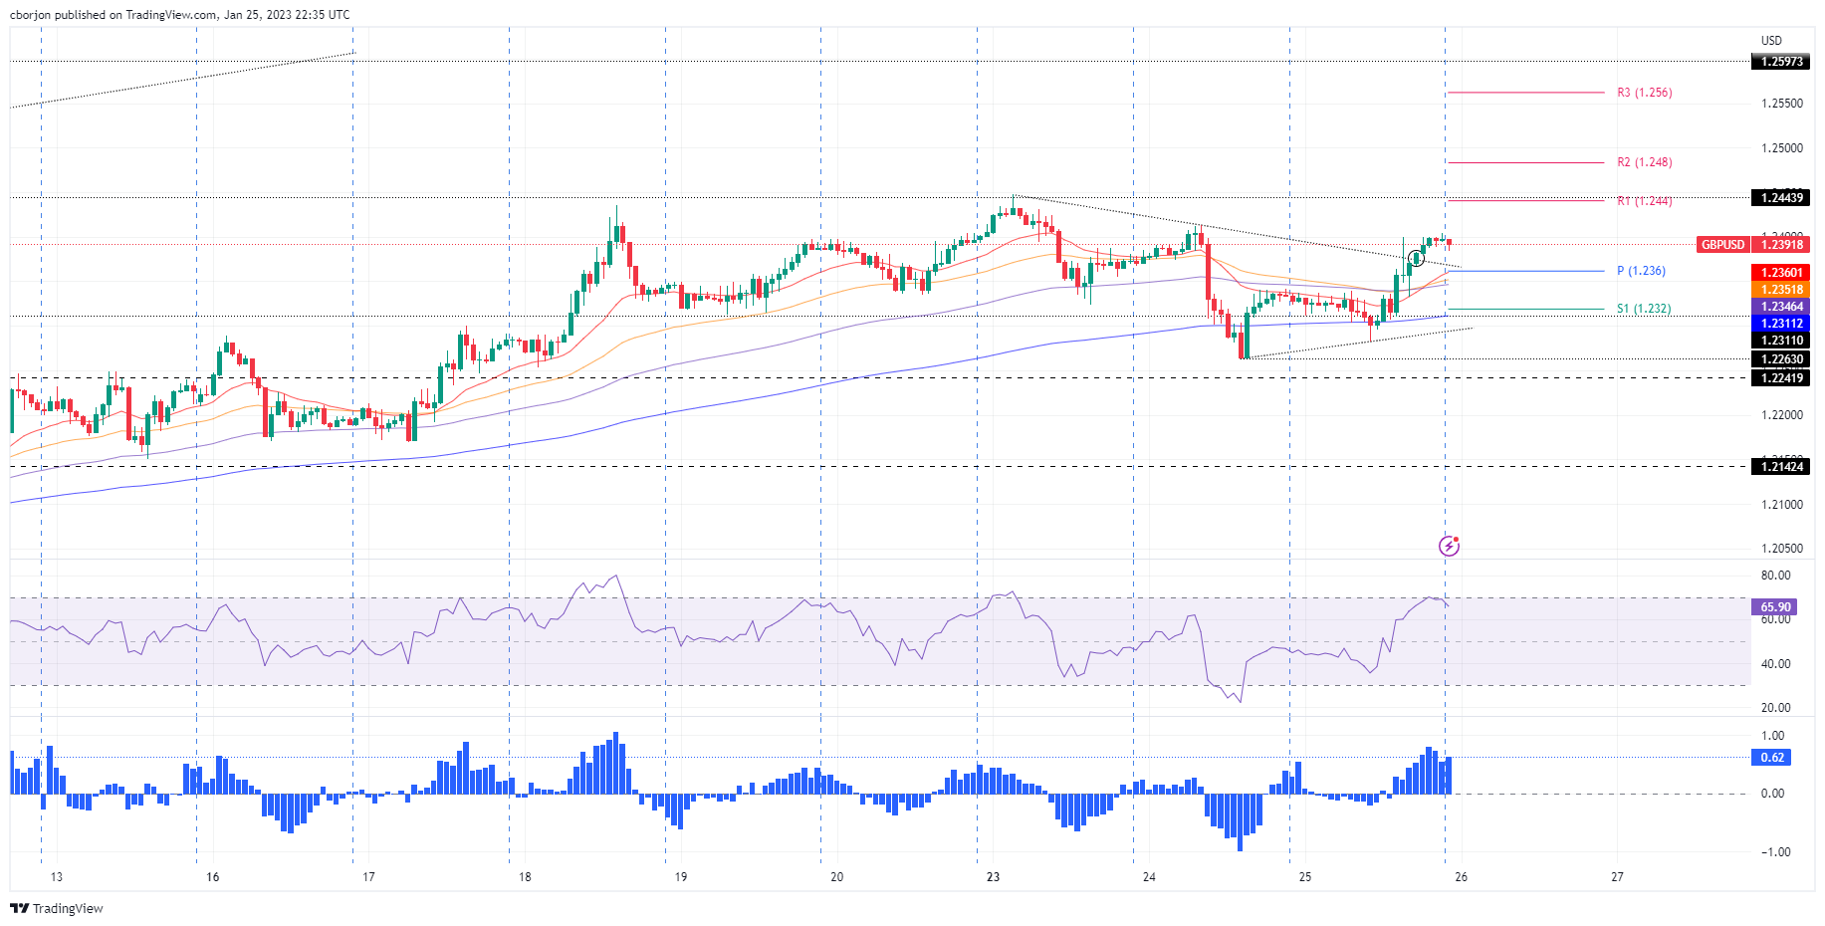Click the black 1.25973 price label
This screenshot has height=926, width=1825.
[1781, 62]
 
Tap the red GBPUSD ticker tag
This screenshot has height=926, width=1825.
[1722, 245]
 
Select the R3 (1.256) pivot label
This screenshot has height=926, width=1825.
[1644, 93]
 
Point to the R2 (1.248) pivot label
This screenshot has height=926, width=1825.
[1644, 162]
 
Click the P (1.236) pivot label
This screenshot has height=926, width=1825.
[1641, 271]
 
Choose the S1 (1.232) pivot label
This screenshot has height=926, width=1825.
[1644, 309]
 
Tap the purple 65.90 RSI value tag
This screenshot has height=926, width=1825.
[1775, 607]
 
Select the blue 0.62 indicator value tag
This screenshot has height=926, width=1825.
[1772, 758]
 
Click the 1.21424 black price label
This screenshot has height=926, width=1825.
[1781, 467]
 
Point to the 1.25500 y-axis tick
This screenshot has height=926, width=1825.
[1781, 104]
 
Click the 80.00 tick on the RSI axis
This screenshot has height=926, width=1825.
[1775, 576]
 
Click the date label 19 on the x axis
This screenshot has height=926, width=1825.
[681, 877]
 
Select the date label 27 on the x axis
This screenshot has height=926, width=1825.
[1617, 877]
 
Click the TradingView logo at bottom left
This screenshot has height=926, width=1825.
[57, 908]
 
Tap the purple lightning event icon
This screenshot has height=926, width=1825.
[1449, 546]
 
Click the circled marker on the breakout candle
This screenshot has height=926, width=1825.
[1416, 259]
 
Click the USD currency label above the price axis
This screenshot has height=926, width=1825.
[1771, 41]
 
